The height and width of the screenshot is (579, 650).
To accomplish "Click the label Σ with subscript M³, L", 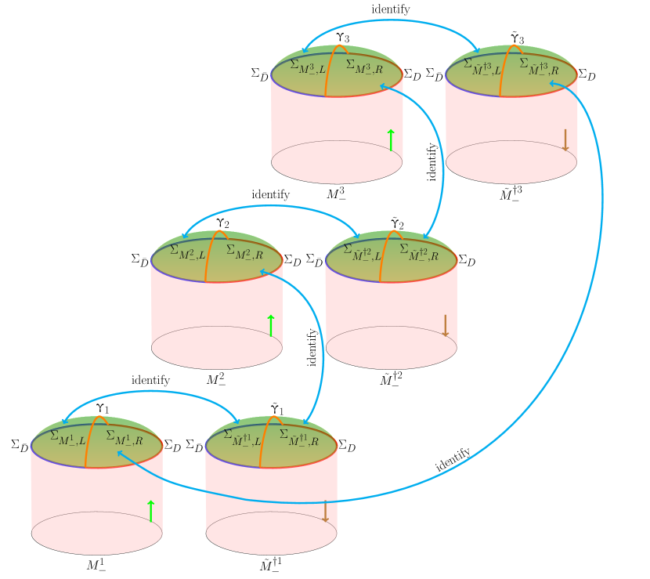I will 307,67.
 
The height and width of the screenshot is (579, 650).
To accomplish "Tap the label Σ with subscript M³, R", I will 363,67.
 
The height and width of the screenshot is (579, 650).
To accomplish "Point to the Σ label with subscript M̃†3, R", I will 539,67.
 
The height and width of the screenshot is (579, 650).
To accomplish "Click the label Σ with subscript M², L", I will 187,252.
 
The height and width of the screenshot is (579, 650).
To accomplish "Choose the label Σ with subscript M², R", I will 244,252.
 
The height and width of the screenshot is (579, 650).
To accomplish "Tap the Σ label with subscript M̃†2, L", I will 362,252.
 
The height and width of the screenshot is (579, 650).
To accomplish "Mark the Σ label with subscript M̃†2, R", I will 418,252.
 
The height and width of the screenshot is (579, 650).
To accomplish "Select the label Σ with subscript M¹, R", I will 124,437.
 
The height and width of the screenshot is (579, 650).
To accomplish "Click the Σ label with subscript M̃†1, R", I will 298,437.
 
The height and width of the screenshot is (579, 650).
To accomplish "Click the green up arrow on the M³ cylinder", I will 391,140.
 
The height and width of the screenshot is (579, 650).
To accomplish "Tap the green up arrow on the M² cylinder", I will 271,326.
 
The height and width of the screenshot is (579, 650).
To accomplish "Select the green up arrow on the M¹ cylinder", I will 150,511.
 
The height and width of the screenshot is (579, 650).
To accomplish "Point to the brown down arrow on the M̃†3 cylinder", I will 565,140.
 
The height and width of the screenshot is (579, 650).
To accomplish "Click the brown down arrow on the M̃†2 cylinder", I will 445,326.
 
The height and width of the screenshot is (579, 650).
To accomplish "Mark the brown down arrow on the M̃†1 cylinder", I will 325,511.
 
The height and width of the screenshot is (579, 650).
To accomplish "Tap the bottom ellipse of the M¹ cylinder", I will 97,542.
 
